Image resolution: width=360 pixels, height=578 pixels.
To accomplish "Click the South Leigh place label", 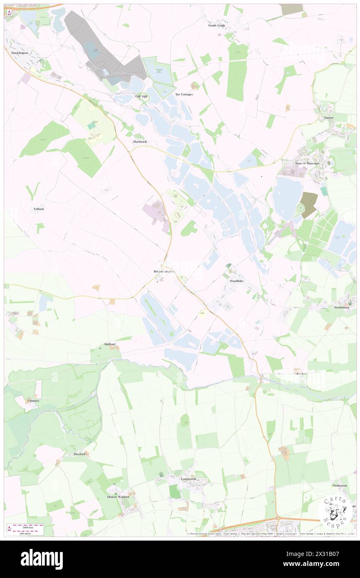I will (x=217, y=25).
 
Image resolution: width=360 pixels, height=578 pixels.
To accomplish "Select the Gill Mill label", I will (x=141, y=96).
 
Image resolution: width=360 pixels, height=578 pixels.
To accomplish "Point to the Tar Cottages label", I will (x=184, y=94).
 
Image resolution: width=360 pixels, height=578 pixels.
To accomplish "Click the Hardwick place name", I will (x=140, y=142).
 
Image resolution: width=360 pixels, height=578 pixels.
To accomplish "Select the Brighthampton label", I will (x=164, y=272).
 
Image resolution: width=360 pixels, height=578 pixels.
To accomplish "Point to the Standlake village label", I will (x=237, y=281).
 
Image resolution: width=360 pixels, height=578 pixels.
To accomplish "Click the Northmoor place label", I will (x=343, y=307).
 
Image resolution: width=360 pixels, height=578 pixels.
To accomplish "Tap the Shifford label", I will (x=110, y=344).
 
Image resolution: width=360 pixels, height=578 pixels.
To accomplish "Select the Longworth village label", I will (x=188, y=479).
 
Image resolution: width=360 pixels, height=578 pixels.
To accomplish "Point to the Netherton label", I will (x=339, y=485).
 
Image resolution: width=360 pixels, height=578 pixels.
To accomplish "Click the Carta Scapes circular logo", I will (x=335, y=511).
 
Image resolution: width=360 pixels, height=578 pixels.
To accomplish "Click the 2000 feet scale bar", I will (x=26, y=526).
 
